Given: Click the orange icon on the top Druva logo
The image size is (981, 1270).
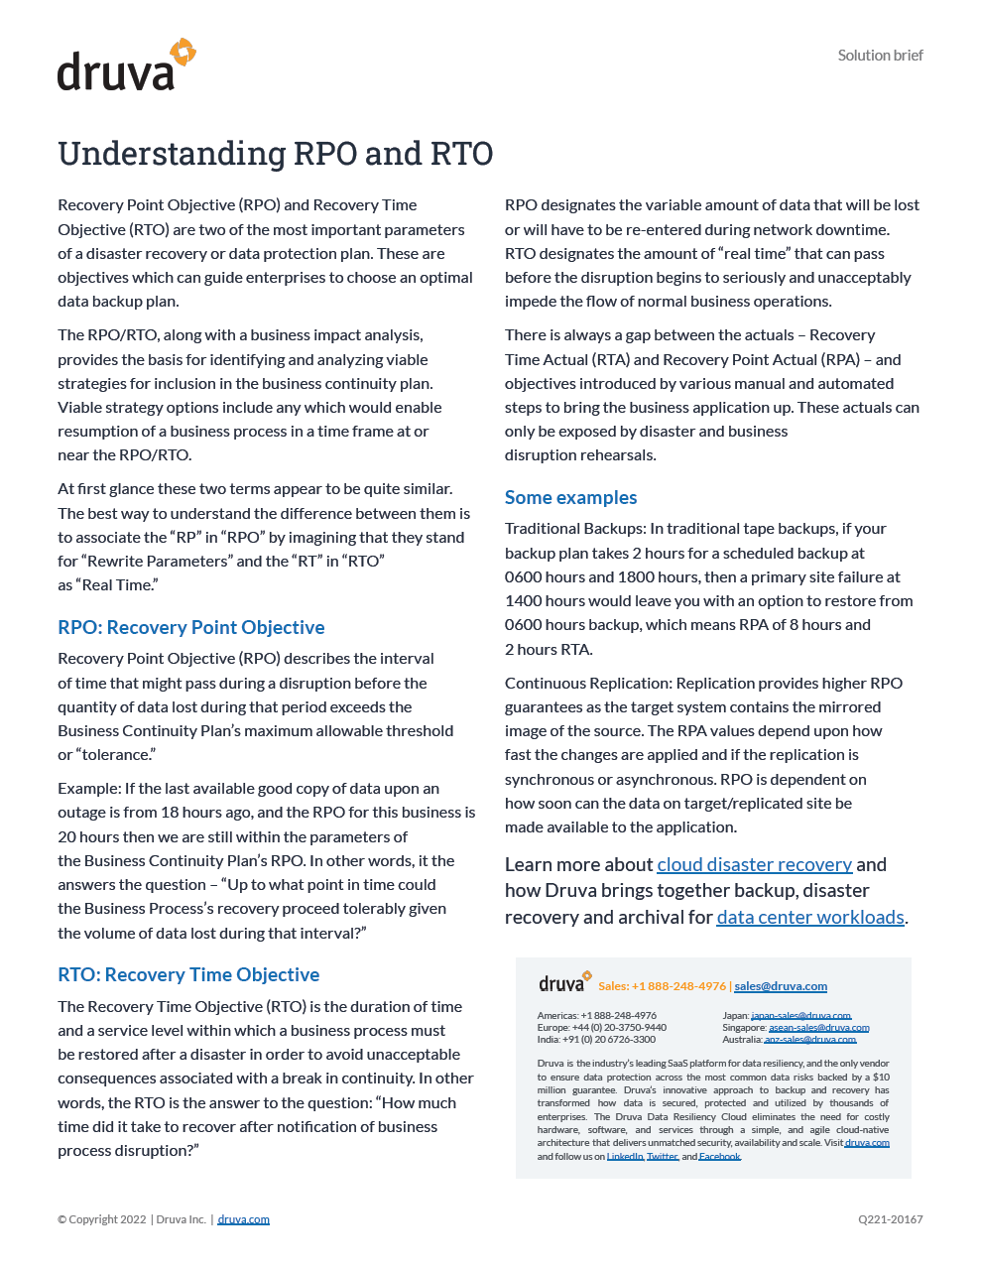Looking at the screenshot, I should point(183,53).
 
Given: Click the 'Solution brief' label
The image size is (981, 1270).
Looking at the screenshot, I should point(880,56).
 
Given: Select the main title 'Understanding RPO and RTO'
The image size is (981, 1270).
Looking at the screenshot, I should point(275,154).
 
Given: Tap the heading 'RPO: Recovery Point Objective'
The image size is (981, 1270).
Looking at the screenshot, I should point(191,627).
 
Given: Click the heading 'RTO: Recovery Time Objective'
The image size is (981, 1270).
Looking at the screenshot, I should point(188,974).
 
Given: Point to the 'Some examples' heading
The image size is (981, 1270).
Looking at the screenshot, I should point(570,497).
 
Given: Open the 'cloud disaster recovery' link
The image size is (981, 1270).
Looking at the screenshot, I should point(754,864).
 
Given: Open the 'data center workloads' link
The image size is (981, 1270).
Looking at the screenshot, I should point(810,917).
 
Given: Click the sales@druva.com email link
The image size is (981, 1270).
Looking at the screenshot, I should point(781,986).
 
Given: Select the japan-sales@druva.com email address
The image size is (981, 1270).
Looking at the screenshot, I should point(800,1016).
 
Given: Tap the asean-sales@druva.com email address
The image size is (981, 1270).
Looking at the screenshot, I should point(818,1028).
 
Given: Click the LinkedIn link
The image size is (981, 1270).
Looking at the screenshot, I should point(625,1157).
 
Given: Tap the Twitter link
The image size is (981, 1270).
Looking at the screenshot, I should point(662,1157).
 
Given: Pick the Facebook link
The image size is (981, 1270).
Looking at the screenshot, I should point(719,1157).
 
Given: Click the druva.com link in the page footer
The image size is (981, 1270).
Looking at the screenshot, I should point(243,1219).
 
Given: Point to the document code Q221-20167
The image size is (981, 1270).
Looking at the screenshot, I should point(891,1219).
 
